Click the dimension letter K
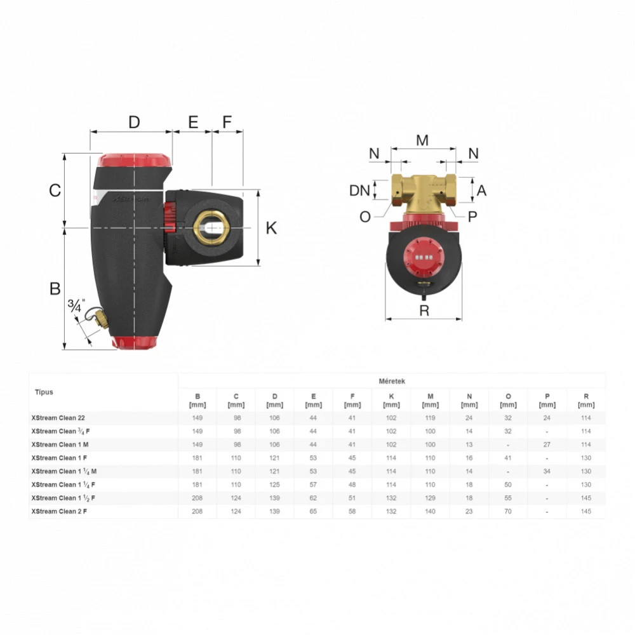coord(271,228)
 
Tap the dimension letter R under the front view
coord(424,311)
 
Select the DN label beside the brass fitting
coord(359,190)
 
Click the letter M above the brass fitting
coord(422,140)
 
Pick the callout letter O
coord(365,217)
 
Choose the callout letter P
coord(472,217)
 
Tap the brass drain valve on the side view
coord(101,319)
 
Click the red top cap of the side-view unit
coord(135,160)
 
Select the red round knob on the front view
coord(424,256)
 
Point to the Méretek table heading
coord(392,381)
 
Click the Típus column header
coord(44,392)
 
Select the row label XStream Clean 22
coord(58,418)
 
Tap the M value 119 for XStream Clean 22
coord(430,418)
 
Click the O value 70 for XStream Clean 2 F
coord(508,511)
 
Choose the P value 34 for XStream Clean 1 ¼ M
coord(547,471)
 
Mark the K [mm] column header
coord(391,401)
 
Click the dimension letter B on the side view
coord(55,289)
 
